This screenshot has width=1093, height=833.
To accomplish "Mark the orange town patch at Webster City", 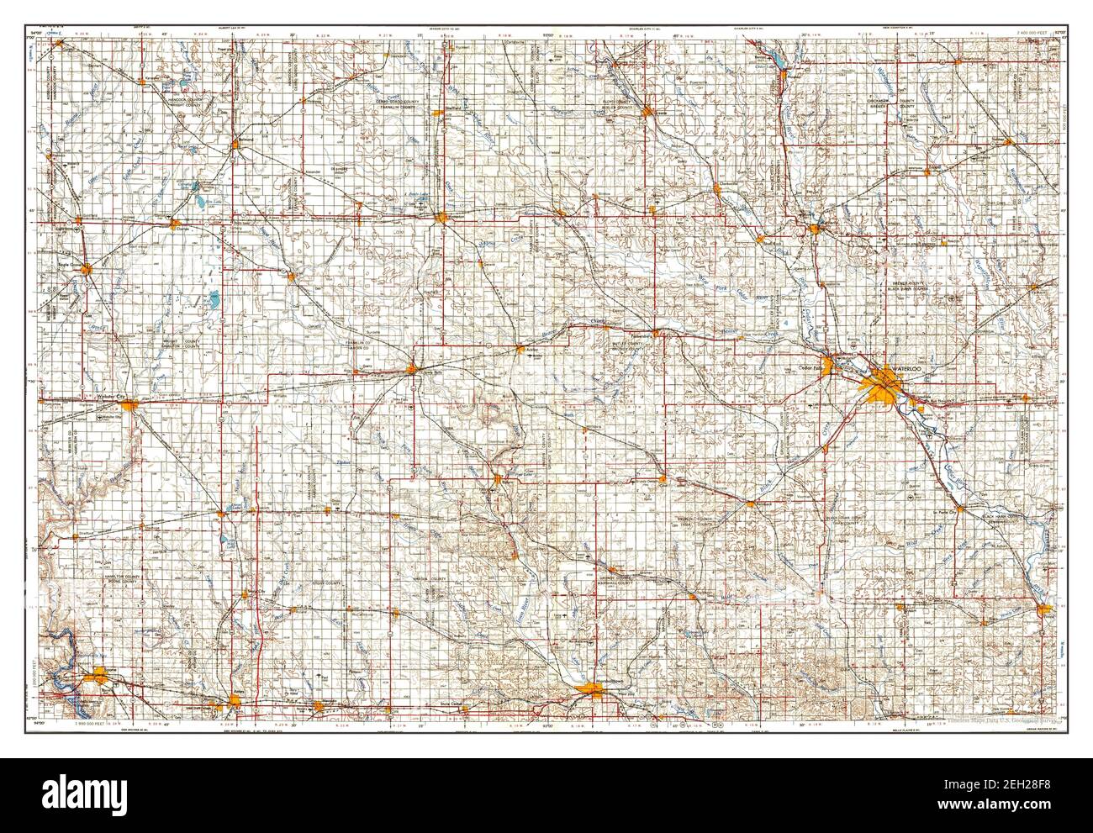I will coord(129,406).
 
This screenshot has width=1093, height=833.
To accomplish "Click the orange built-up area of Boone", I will coord(101,672).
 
